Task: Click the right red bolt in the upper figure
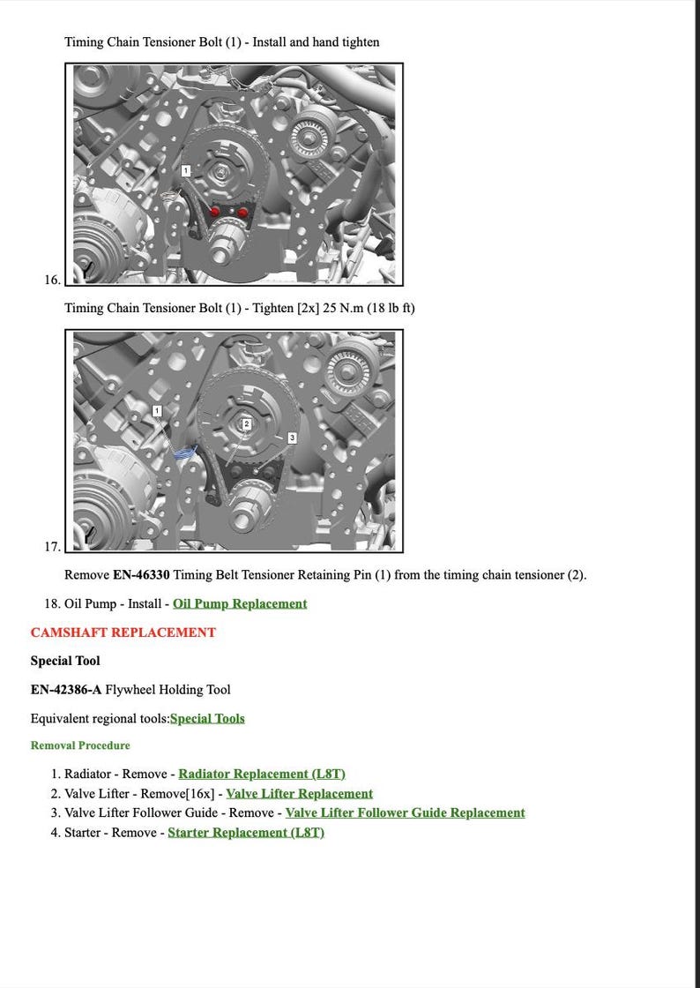coord(242,212)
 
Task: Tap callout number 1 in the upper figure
coord(186,169)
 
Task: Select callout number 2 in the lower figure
coord(247,424)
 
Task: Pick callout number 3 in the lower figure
coord(292,438)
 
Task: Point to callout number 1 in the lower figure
coord(157,411)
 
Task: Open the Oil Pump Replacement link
coord(240,603)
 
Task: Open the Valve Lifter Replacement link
coord(299,793)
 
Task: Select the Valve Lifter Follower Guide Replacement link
coord(405,812)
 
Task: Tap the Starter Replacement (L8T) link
coord(246,832)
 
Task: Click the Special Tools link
coord(207,718)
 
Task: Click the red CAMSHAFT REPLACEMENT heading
coord(123,632)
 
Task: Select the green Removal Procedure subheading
coord(80,745)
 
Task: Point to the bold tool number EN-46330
coord(141,575)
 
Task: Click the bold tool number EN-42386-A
coord(66,690)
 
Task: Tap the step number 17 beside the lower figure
coord(52,547)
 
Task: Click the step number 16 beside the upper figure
coord(52,280)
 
